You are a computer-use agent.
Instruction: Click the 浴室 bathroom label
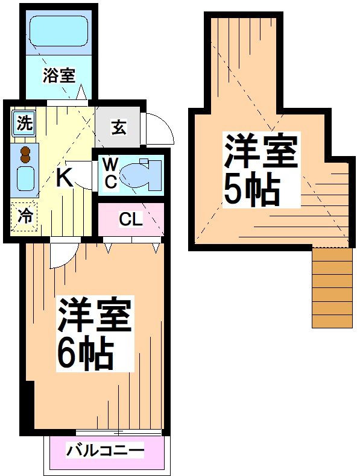(x=58, y=76)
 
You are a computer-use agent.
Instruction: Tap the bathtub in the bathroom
(x=58, y=30)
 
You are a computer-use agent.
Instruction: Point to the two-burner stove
(x=25, y=155)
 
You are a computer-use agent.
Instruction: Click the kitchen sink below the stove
(x=25, y=178)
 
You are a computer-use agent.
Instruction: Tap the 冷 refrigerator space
(x=24, y=216)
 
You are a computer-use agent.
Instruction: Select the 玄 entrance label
(x=119, y=127)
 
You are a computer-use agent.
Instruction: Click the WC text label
(x=110, y=174)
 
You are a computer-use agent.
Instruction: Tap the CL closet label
(x=130, y=220)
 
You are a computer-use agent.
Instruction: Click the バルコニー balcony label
(x=105, y=451)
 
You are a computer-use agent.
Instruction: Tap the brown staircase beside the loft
(x=332, y=287)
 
